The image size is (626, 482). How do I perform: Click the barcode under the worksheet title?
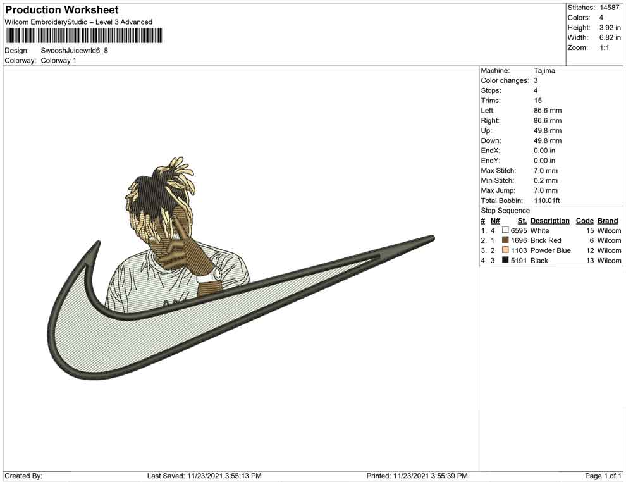83,35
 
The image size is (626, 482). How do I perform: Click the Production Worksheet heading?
62,10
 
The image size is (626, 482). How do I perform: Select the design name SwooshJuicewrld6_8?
74,51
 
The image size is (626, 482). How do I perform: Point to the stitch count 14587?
609,8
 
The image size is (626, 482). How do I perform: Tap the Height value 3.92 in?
610,28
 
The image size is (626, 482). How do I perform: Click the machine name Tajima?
544,71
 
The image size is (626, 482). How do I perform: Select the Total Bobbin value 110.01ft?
546,201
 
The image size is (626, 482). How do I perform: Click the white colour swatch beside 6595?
505,230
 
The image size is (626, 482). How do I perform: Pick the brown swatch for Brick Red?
505,240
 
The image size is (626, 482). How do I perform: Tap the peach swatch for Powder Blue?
505,250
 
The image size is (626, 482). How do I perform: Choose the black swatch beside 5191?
505,260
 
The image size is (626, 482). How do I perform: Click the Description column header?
549,221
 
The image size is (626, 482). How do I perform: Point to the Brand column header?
608,221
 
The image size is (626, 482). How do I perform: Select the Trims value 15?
537,101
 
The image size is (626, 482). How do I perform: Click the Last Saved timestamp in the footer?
204,476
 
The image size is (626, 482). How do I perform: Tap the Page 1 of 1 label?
603,476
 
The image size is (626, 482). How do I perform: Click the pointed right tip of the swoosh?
434,238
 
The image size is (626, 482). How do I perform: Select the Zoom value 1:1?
604,47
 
